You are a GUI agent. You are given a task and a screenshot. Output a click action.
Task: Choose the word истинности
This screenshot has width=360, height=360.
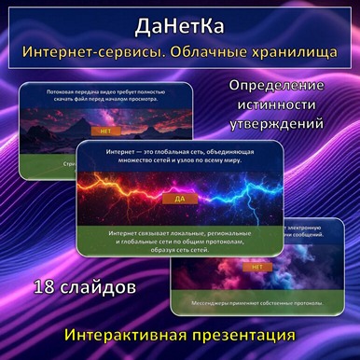[x=287, y=104]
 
